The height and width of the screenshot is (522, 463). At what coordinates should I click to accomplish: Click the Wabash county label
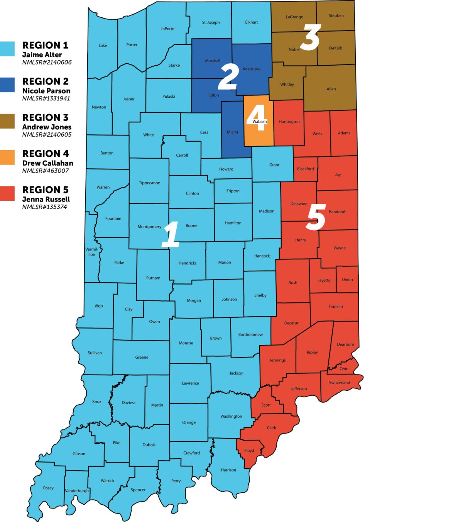[x=260, y=122]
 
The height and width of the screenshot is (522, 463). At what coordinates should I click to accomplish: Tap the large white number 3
[x=310, y=37]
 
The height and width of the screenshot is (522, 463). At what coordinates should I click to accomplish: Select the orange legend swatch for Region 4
[x=7, y=158]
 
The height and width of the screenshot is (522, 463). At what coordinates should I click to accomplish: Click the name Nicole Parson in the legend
[x=46, y=91]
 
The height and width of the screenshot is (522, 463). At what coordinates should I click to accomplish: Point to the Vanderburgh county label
[x=77, y=491]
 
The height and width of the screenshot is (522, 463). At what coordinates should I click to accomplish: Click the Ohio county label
[x=344, y=369]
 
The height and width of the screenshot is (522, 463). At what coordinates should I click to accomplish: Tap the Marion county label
[x=225, y=263]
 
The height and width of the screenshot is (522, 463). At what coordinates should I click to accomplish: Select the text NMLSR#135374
[x=44, y=207]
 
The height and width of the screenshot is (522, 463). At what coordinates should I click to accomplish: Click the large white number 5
[x=316, y=217]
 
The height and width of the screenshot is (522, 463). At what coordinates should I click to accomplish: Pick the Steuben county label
[x=336, y=16]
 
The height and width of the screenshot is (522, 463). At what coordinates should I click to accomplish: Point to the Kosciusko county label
[x=252, y=69]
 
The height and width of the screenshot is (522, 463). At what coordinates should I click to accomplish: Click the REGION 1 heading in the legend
[x=45, y=45]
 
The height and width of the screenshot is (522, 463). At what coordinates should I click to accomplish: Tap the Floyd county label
[x=249, y=451]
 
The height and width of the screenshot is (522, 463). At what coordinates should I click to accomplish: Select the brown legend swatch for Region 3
[x=7, y=121]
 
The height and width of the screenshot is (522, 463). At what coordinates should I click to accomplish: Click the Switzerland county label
[x=340, y=383]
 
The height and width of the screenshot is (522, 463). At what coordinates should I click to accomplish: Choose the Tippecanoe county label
[x=149, y=183]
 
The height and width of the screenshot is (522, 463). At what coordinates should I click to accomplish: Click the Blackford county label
[x=305, y=169]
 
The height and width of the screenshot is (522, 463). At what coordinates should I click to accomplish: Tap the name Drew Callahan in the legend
[x=47, y=163]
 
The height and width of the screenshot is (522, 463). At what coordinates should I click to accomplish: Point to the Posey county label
[x=48, y=488]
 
